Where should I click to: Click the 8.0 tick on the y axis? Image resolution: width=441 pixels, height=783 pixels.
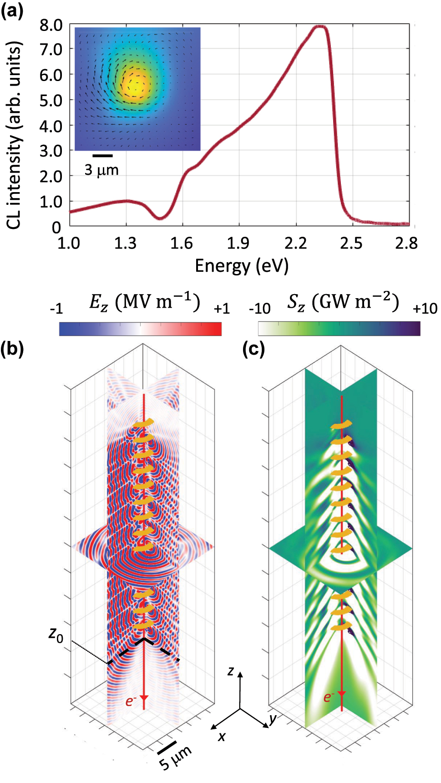pyautogui.click(x=51, y=25)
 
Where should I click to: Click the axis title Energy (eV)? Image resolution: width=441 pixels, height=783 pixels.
pyautogui.click(x=242, y=266)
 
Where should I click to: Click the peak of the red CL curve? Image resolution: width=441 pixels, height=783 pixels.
pyautogui.click(x=319, y=27)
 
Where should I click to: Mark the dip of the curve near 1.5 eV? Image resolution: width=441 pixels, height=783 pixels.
pyautogui.click(x=159, y=218)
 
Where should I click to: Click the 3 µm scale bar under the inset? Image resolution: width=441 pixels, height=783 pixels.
pyautogui.click(x=102, y=156)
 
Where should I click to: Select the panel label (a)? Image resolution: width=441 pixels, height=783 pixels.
pyautogui.click(x=12, y=10)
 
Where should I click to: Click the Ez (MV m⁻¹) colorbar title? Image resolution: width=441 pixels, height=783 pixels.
pyautogui.click(x=144, y=302)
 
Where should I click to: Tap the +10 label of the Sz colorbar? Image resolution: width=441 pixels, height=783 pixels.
pyautogui.click(x=425, y=309)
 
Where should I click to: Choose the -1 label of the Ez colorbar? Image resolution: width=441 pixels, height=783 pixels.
pyautogui.click(x=56, y=309)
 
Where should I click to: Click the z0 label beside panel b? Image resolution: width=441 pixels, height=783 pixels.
pyautogui.click(x=56, y=634)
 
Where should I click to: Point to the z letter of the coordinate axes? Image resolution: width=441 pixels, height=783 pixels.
pyautogui.click(x=231, y=671)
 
